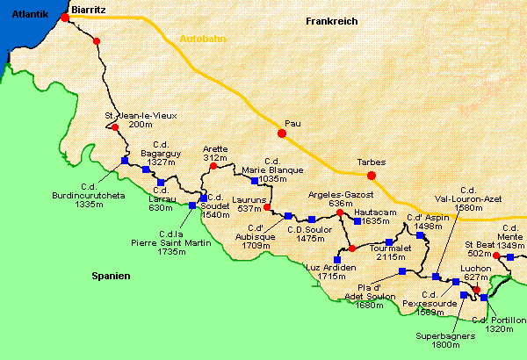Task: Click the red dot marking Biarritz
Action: point(65,17)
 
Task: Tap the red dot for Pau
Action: point(282,134)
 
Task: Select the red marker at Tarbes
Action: point(371,173)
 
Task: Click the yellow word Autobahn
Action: point(201,40)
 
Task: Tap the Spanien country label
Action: point(111,276)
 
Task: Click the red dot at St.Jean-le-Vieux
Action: point(114,127)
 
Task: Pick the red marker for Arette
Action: point(213,165)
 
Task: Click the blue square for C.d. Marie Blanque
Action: point(254,181)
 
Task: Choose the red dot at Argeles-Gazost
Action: point(340,212)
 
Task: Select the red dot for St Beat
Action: point(496,256)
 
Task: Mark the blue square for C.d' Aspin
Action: point(421,236)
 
